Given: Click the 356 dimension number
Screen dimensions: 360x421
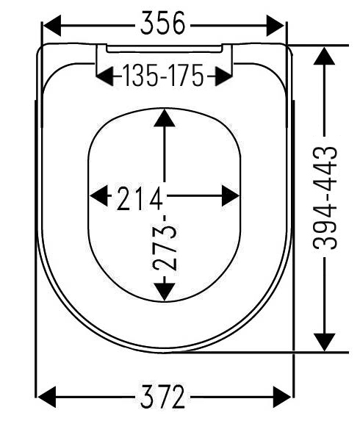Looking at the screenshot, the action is point(162,23).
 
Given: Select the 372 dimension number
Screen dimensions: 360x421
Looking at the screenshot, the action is point(162,396).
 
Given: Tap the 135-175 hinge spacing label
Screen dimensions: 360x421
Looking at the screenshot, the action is point(163,75).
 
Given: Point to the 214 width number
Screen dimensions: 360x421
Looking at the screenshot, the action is point(140,198).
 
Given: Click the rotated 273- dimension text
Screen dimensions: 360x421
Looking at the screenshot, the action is point(165,243).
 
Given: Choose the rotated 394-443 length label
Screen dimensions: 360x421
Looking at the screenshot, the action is point(325,198).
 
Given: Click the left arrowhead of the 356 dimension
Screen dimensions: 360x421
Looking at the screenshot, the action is point(52,26).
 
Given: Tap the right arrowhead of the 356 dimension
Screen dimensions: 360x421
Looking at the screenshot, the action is point(276,26).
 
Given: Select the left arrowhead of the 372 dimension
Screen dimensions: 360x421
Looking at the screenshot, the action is point(46,397).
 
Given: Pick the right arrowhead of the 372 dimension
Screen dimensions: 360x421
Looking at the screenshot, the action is point(282,397).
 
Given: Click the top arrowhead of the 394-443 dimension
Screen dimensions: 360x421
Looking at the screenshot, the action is point(324,56).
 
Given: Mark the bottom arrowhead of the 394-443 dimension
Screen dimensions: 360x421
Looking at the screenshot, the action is point(324,342).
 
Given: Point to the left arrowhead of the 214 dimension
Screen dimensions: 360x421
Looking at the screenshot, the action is point(98,195).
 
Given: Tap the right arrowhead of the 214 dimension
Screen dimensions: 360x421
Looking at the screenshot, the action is point(231,195).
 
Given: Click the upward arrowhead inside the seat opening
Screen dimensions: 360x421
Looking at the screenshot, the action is point(165,118).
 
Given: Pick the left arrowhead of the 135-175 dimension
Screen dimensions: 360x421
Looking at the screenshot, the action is point(105,76).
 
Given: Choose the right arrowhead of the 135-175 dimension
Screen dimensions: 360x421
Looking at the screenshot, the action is point(223,76).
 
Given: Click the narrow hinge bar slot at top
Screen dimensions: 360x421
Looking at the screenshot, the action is point(165,48).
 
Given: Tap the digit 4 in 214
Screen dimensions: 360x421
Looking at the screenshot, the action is point(156,198).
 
